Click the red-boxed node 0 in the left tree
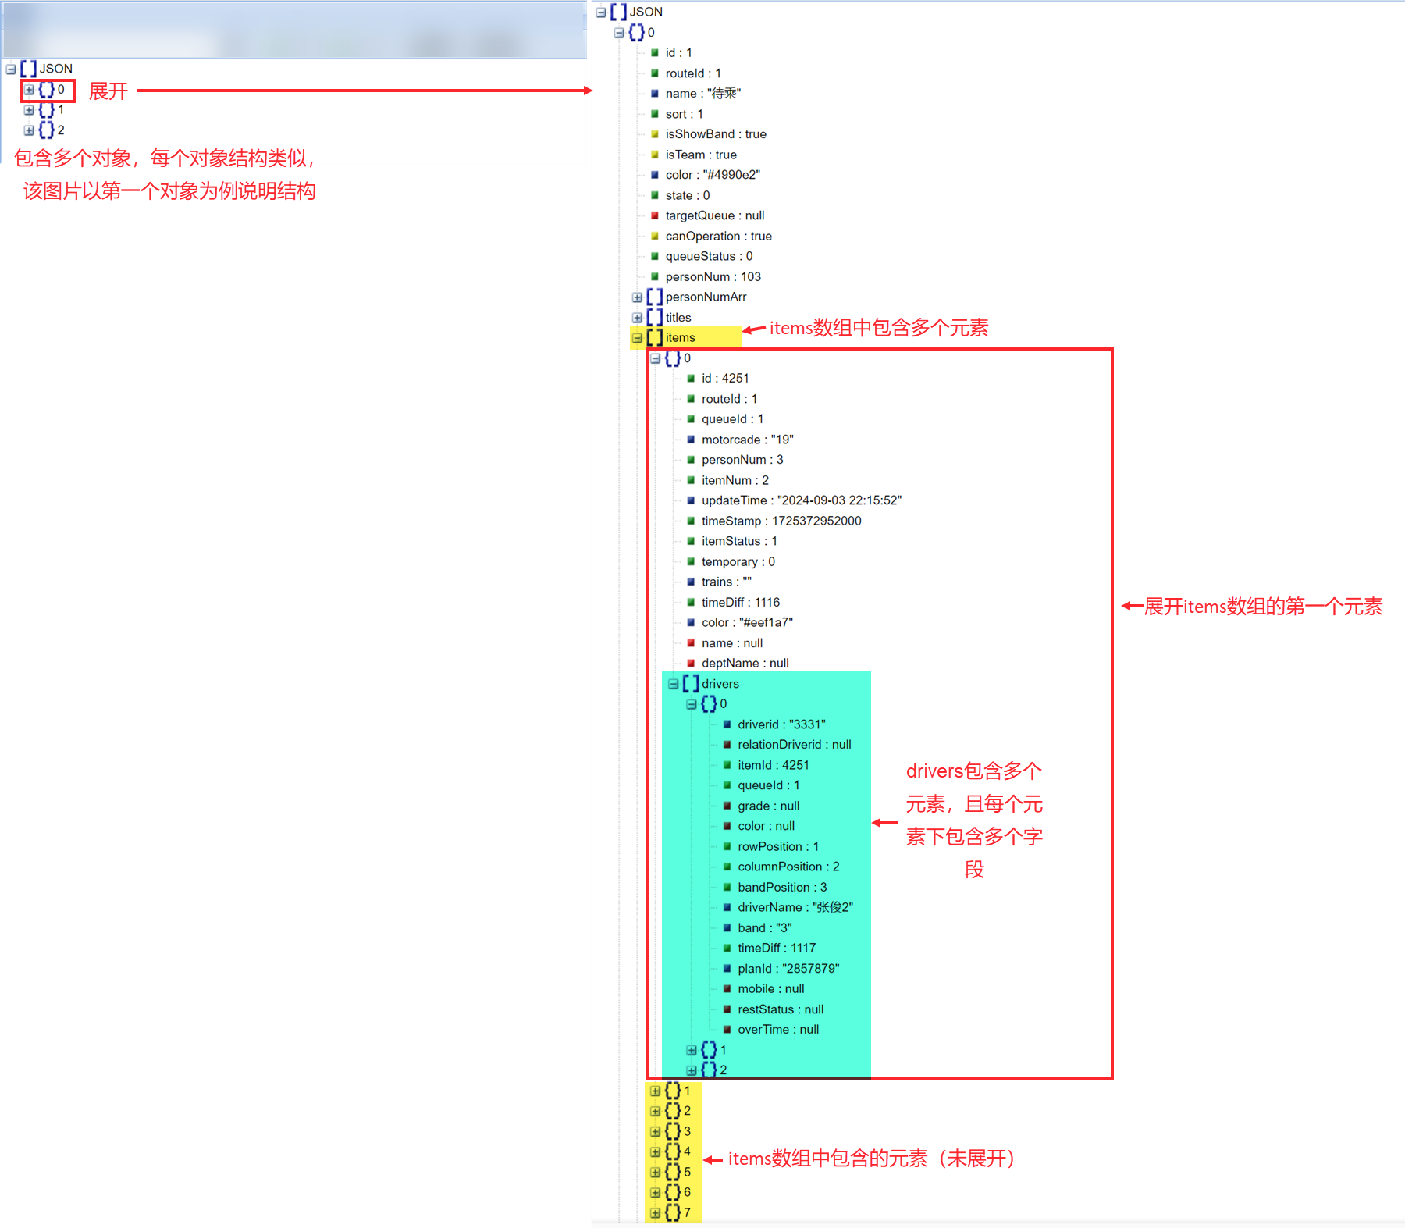(x=48, y=90)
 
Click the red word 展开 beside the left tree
(x=108, y=91)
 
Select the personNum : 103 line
(x=713, y=276)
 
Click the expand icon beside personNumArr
(x=638, y=297)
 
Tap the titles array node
(x=678, y=317)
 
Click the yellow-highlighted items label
(x=680, y=337)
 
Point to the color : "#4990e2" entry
(x=712, y=175)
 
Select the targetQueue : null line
(x=714, y=215)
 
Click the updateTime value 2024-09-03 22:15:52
(x=839, y=500)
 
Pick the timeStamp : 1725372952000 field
(x=781, y=521)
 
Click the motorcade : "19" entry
(x=747, y=440)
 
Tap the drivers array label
(x=720, y=684)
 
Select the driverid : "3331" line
(x=781, y=724)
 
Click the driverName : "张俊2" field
(x=795, y=907)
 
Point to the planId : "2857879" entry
(x=788, y=968)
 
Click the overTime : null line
(x=777, y=1029)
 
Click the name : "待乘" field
(x=702, y=94)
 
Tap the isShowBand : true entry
(x=715, y=134)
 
